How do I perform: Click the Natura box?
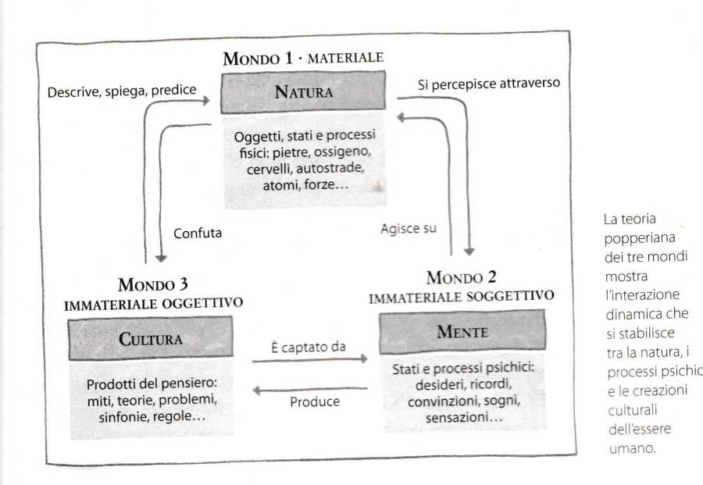[x=304, y=92]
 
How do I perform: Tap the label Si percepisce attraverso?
[x=489, y=84]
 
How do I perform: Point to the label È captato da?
[x=309, y=345]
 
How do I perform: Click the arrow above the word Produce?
[x=309, y=387]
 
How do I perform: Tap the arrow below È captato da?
[x=309, y=360]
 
